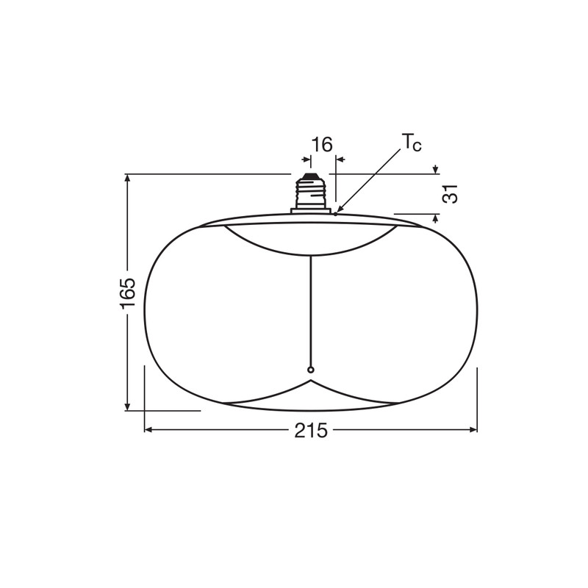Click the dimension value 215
pyautogui.click(x=310, y=430)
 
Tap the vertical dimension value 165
pyautogui.click(x=126, y=293)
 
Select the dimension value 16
pyautogui.click(x=322, y=144)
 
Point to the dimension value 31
pyautogui.click(x=450, y=193)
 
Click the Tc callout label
pyautogui.click(x=412, y=143)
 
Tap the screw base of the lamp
pyautogui.click(x=310, y=193)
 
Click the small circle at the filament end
pyautogui.click(x=310, y=370)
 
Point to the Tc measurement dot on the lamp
pyautogui.click(x=335, y=214)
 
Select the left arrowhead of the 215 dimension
pyautogui.click(x=148, y=430)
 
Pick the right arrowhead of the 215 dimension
pyautogui.click(x=473, y=430)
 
